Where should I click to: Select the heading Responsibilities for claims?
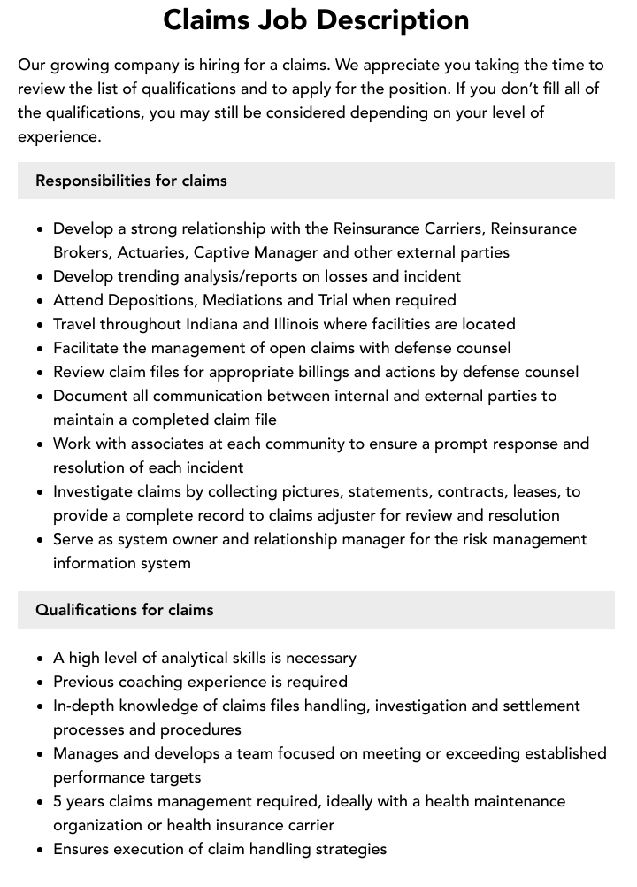131,181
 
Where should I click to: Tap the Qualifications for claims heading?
124,610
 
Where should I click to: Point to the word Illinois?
303,324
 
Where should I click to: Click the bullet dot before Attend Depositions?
40,301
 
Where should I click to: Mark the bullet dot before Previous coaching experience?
40,683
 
